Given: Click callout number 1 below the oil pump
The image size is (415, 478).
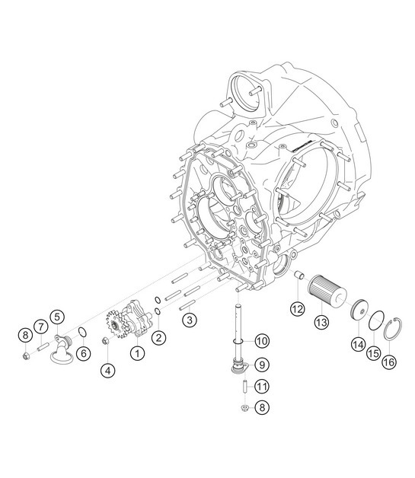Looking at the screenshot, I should (x=137, y=352).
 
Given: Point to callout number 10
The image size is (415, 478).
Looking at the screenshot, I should (x=261, y=339).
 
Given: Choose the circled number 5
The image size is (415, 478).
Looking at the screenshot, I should (x=57, y=315).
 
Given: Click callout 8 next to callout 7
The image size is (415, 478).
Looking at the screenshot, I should (x=26, y=335).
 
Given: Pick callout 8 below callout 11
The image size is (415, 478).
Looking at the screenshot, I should (x=261, y=407).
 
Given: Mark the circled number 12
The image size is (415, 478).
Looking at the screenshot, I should (x=296, y=308).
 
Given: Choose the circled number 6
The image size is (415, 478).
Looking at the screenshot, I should (x=83, y=352).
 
